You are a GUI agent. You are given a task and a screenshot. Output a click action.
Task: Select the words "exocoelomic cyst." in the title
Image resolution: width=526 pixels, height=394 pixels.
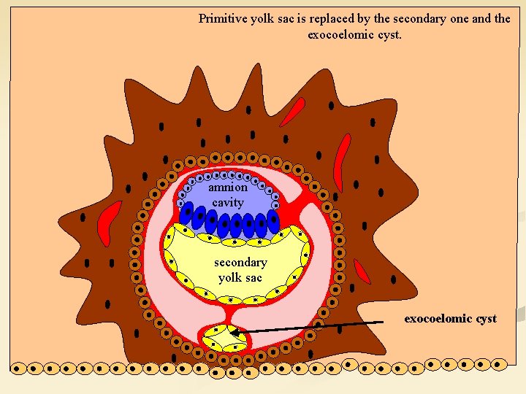point(354,34)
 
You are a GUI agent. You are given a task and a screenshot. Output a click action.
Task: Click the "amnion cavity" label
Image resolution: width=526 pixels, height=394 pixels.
point(228,195)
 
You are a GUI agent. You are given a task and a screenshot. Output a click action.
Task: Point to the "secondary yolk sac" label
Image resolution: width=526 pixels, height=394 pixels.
point(240,269)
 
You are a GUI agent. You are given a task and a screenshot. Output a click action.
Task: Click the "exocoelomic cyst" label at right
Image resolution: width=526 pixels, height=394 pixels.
point(450,319)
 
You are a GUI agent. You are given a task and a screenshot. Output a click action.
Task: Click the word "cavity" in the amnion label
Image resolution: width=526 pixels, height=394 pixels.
point(228,202)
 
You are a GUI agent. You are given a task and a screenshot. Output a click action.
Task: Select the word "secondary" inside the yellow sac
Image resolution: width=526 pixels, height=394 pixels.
point(240,262)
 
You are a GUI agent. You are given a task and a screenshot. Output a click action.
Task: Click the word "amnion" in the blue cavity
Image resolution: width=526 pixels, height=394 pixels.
point(228,188)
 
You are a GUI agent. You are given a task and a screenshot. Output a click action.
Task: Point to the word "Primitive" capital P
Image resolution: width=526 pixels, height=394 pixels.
point(202,19)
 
